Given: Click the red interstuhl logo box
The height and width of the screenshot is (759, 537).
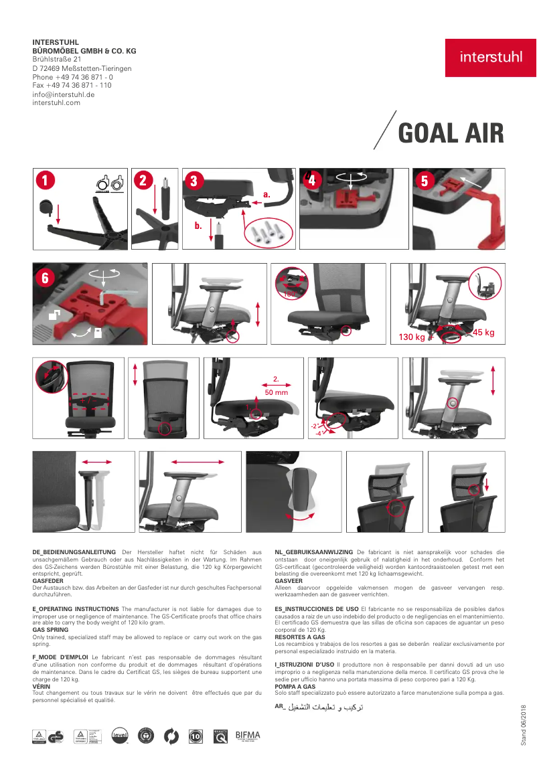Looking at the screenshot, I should pos(491,58).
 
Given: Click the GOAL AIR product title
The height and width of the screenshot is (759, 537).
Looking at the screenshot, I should pos(451,134).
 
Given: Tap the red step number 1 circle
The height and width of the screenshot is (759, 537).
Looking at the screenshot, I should pos(44,180).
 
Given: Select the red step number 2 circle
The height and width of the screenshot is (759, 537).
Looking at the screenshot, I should pos(143,180).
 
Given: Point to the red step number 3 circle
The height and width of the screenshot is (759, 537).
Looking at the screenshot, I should pos(194,181).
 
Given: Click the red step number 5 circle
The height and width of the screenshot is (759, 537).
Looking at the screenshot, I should pos(424,181).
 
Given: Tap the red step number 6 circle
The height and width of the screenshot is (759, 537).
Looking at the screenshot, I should pos(45,277).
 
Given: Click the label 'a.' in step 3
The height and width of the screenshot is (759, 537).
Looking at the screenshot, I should pos(266,194).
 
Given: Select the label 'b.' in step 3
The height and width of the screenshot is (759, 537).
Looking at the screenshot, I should pos(198,226).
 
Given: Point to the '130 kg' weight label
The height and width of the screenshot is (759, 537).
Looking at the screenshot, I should pos(411,337).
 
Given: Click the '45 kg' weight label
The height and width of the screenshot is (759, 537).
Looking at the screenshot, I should pos(483,333).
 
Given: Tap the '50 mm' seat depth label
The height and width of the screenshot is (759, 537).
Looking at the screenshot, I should pos(276,393).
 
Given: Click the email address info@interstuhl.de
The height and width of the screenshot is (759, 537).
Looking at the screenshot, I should pos(63,94).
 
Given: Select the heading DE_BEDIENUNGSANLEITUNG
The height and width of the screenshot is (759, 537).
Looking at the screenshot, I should pos(74,551).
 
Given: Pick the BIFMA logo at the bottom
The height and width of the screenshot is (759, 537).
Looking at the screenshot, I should pos(248,736).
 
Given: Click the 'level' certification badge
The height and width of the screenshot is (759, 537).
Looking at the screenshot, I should pos(120,736).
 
